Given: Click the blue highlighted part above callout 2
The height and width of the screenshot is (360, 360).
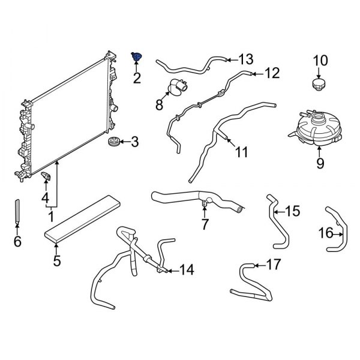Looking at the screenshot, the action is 136,56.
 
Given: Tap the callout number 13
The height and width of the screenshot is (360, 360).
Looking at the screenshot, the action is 245,59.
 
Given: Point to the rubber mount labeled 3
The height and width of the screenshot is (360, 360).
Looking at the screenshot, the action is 113,141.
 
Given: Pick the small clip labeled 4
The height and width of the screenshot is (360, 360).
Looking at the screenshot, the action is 46,176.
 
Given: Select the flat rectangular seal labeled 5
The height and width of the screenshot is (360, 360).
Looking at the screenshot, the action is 82,218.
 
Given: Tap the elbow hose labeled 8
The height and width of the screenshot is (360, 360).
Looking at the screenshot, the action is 178,87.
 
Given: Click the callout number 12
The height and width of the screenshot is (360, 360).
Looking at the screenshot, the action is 272,73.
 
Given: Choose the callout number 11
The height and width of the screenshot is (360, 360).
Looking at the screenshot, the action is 242,152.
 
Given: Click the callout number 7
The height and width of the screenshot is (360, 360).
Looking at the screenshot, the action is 205,224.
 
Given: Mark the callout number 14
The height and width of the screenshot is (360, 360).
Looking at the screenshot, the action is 187,270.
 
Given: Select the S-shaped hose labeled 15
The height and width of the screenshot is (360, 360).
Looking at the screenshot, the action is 278,221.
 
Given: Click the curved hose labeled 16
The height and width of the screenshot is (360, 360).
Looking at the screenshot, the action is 337,229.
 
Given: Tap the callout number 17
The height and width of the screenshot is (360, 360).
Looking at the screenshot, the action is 274,264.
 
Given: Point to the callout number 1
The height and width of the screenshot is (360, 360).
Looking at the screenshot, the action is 51,216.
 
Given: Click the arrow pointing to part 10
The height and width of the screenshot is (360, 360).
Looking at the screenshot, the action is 319,73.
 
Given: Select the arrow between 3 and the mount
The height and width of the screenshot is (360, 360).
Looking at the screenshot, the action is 125,142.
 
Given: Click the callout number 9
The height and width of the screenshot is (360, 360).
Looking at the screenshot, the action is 320,163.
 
